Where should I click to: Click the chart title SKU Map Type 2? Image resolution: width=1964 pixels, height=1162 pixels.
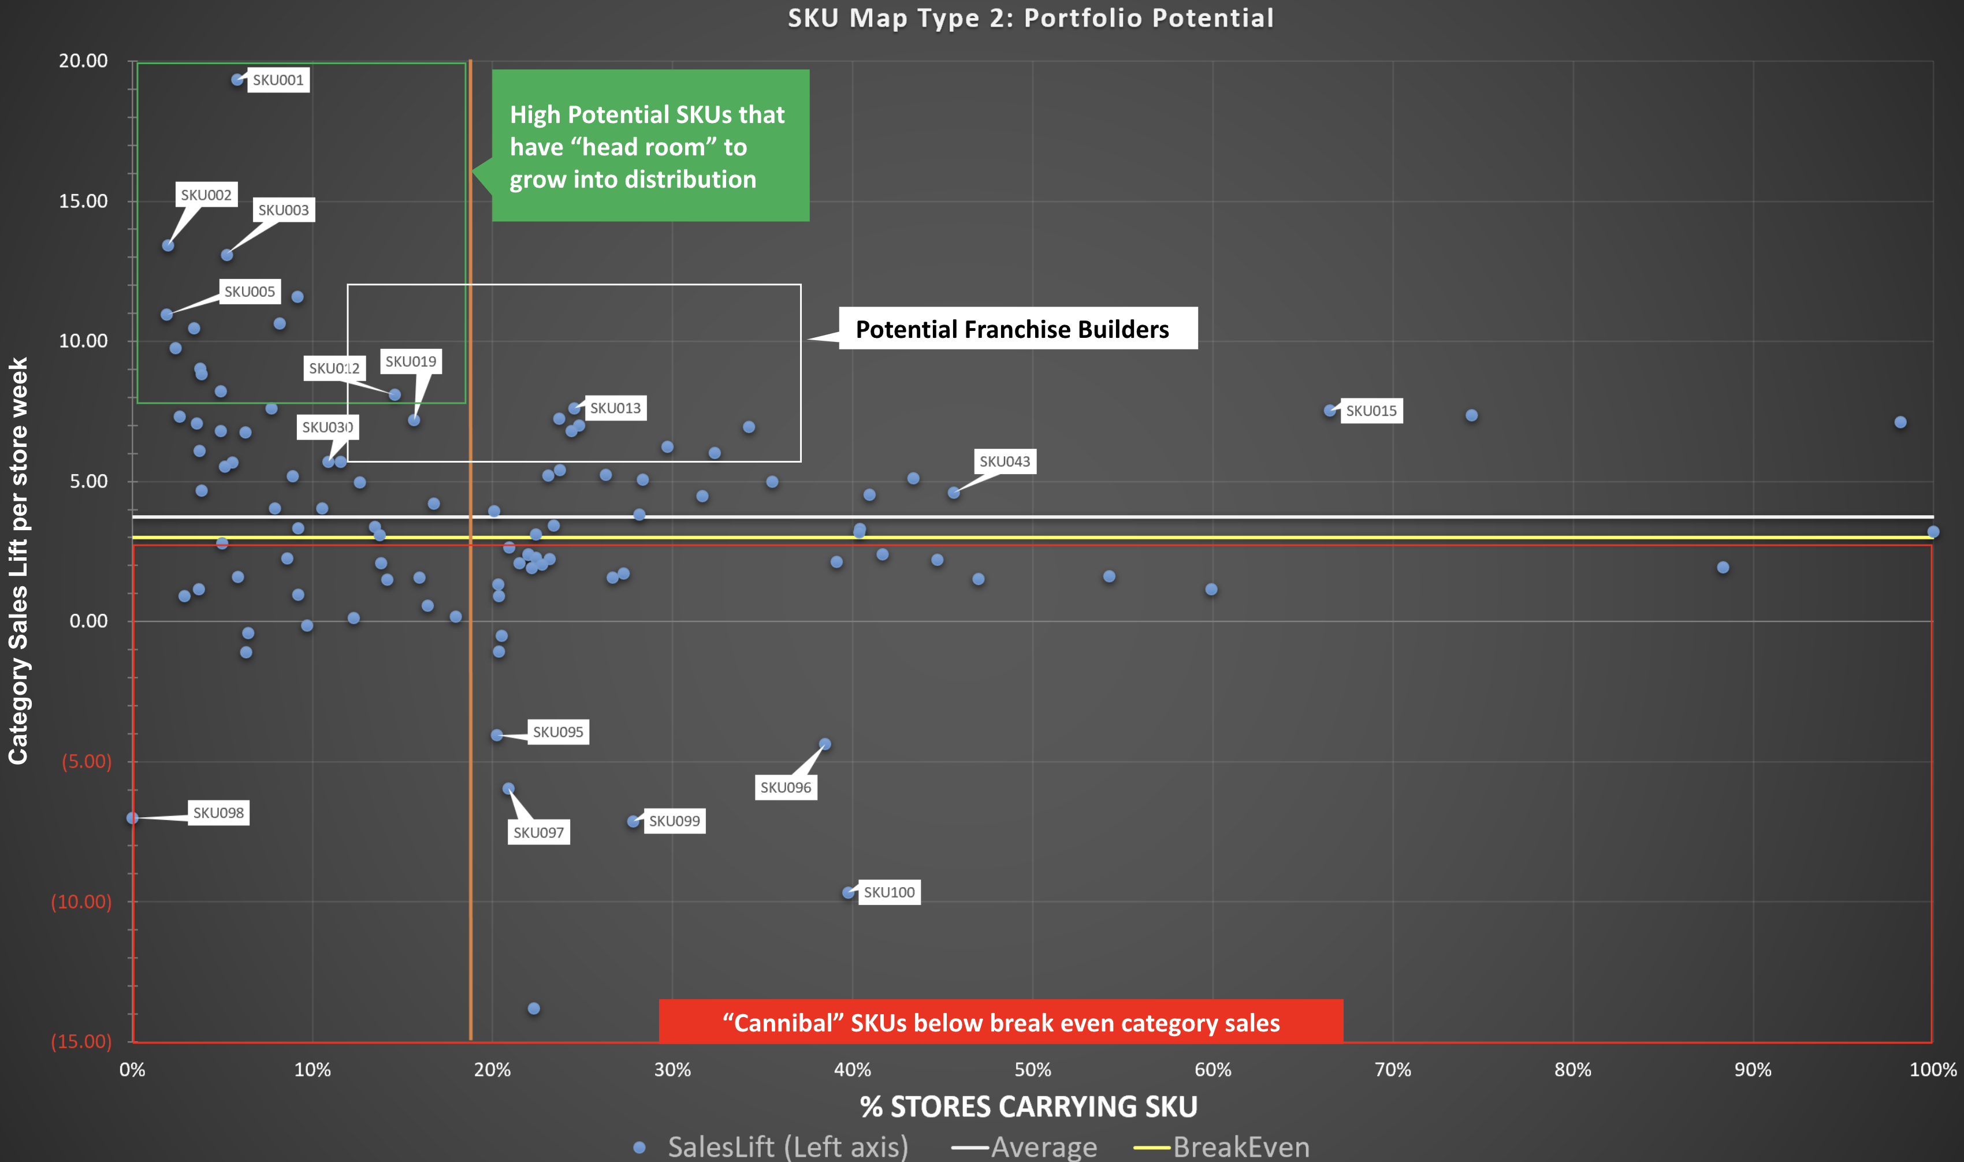tap(1031, 18)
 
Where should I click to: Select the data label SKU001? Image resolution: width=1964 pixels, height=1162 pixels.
tap(278, 80)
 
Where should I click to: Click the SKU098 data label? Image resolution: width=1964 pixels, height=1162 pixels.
tap(218, 813)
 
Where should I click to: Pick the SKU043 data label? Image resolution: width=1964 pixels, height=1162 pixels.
tap(1005, 461)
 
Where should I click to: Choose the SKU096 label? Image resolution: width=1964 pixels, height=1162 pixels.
tap(786, 787)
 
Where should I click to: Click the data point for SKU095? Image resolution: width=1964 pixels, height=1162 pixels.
tap(496, 735)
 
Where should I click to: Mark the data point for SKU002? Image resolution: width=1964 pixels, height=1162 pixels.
tap(168, 245)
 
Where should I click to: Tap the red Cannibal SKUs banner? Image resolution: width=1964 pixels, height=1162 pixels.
tap(1001, 1023)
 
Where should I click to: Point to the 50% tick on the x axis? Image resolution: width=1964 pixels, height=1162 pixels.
tap(1032, 1070)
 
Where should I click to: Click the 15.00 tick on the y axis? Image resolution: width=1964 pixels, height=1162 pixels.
tap(83, 201)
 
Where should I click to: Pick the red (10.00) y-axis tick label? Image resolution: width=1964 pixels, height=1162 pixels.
tap(81, 902)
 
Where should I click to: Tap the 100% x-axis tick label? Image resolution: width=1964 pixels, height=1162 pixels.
tap(1933, 1070)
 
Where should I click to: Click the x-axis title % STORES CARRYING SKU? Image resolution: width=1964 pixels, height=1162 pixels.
tap(1028, 1107)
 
